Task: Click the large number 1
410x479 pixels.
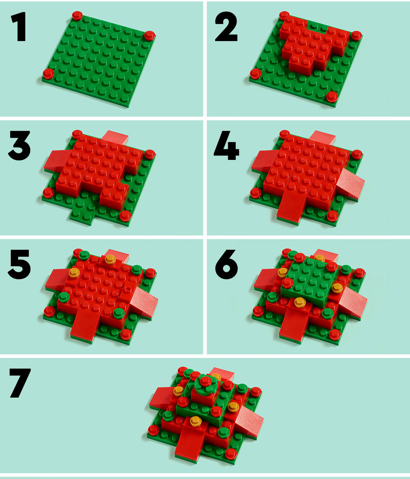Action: pos(19,27)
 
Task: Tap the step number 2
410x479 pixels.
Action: pos(226,27)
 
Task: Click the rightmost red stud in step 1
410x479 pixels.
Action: pos(150,35)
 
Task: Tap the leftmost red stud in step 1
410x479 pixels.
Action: pos(48,73)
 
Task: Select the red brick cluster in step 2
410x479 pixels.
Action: pos(313,45)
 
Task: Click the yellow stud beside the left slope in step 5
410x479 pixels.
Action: pos(74,272)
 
